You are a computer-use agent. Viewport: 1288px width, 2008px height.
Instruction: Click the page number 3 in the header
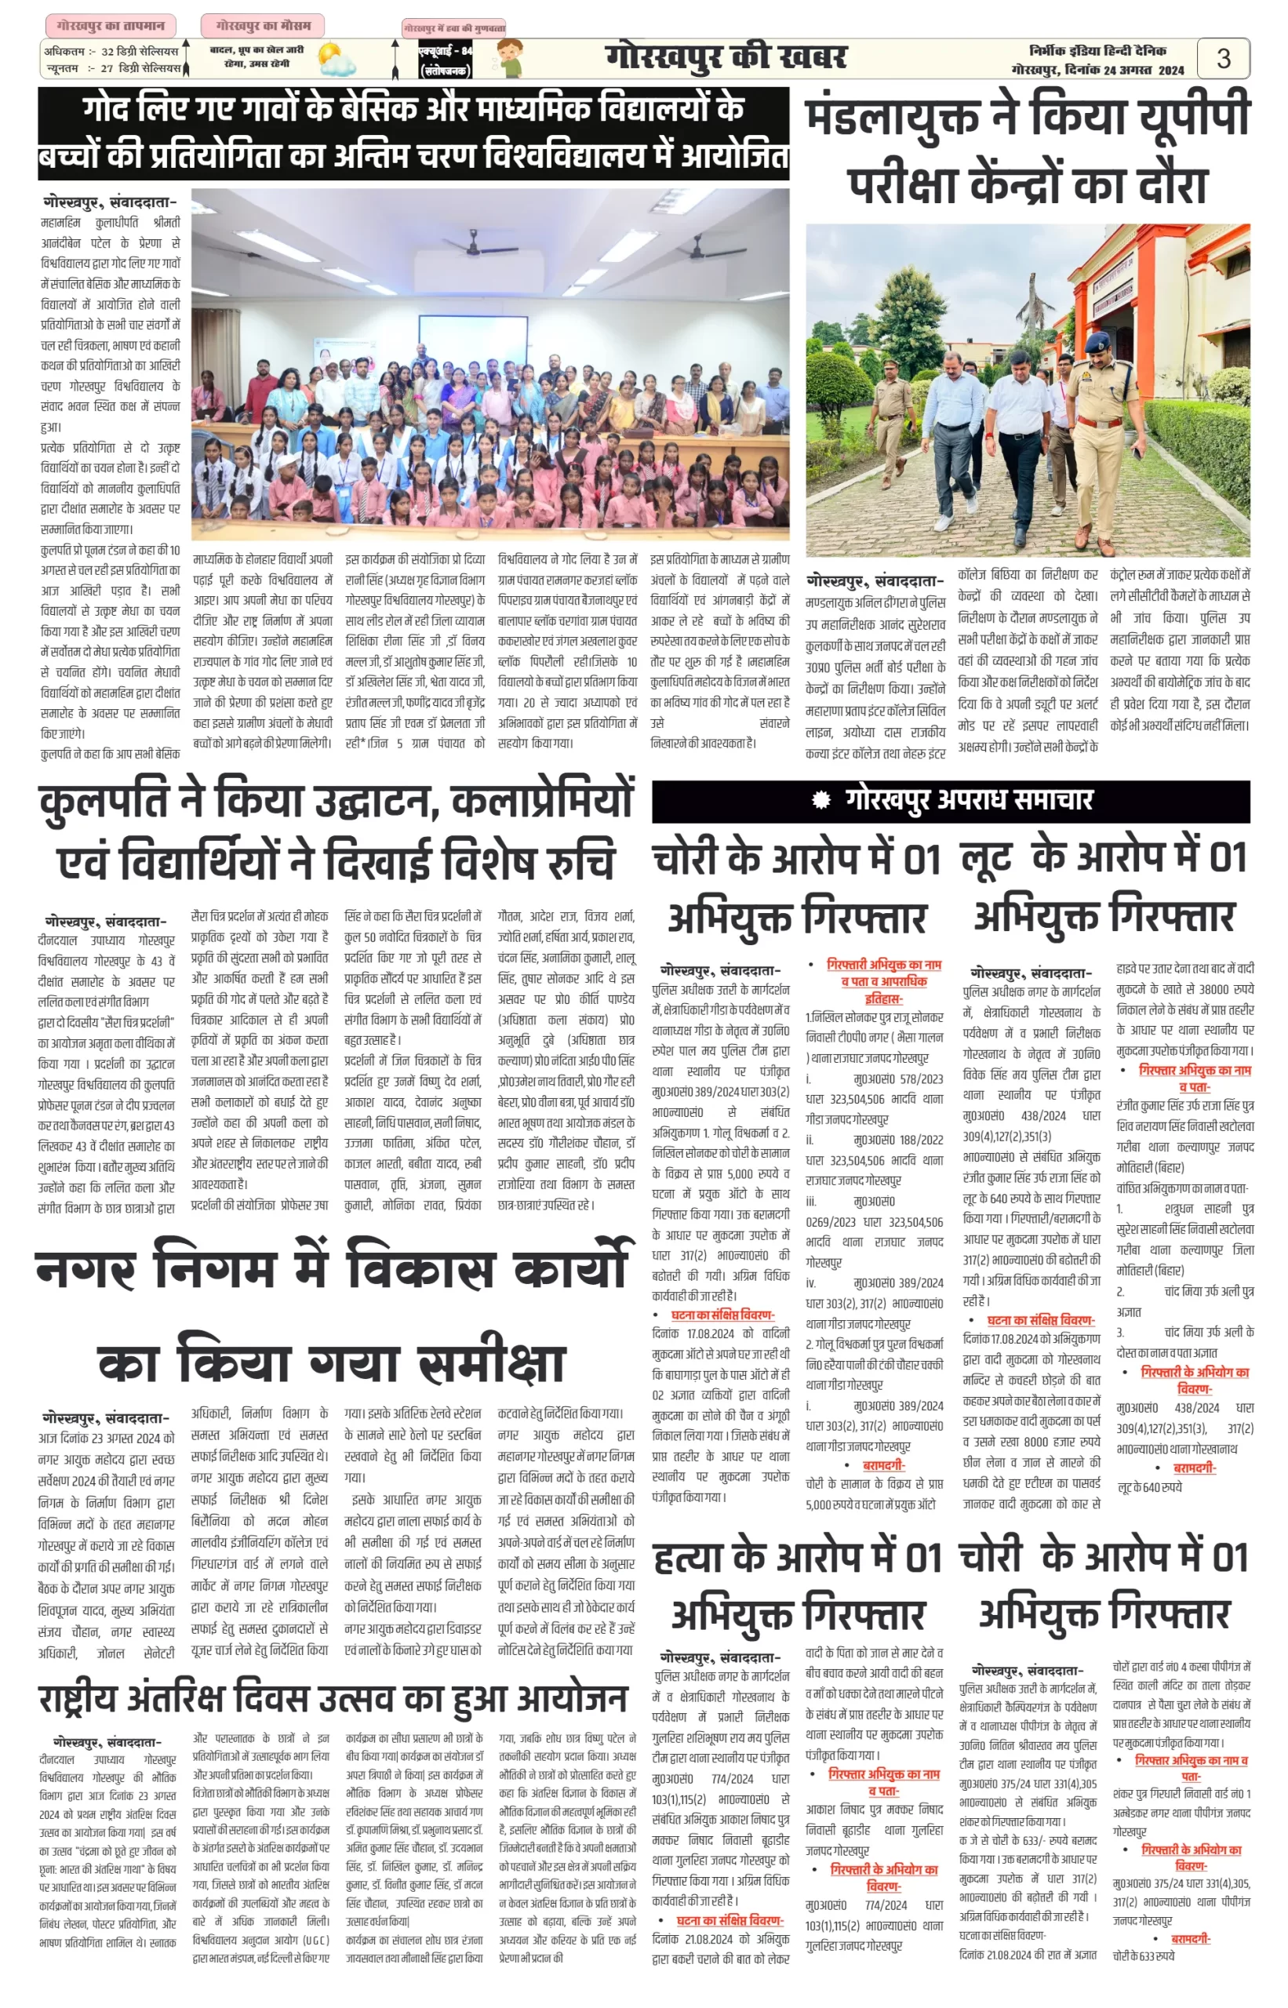pos(1223,59)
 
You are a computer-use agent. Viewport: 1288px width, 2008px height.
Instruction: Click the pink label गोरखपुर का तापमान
pos(110,26)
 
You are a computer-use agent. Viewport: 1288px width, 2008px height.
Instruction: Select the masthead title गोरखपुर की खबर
pos(726,57)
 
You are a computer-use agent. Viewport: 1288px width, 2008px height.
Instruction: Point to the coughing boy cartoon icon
pos(509,59)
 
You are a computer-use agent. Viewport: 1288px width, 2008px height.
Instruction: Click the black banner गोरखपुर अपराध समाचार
pos(950,800)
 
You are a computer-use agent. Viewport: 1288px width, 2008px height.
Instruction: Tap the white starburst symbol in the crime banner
pos(821,800)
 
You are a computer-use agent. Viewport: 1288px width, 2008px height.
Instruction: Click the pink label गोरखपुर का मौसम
pos(263,26)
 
